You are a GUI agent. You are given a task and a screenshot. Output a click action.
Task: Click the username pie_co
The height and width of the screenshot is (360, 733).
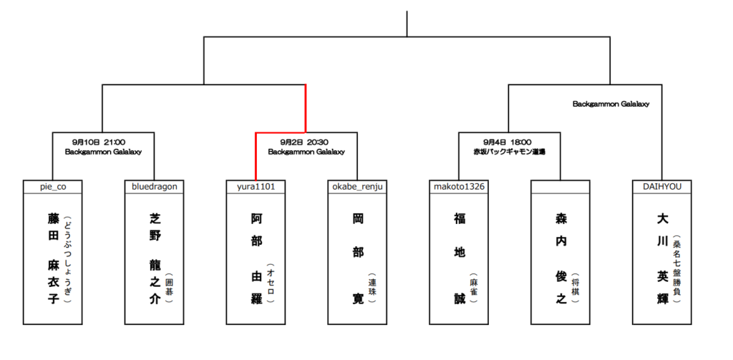[52, 187]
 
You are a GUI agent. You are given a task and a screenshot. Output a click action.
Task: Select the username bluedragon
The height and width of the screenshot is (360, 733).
[155, 187]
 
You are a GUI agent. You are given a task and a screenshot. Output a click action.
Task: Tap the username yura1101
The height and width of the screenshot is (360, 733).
[256, 187]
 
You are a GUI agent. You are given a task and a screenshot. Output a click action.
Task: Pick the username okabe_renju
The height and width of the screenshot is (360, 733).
[357, 187]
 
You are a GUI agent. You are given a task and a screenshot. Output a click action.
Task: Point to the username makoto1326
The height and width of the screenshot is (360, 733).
[459, 187]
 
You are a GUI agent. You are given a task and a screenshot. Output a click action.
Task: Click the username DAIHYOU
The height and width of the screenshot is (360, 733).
[661, 187]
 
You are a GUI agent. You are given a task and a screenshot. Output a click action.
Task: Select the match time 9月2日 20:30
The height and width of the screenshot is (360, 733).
[306, 142]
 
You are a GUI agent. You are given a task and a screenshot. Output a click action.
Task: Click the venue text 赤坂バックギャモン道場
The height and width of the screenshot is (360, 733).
[510, 152]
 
